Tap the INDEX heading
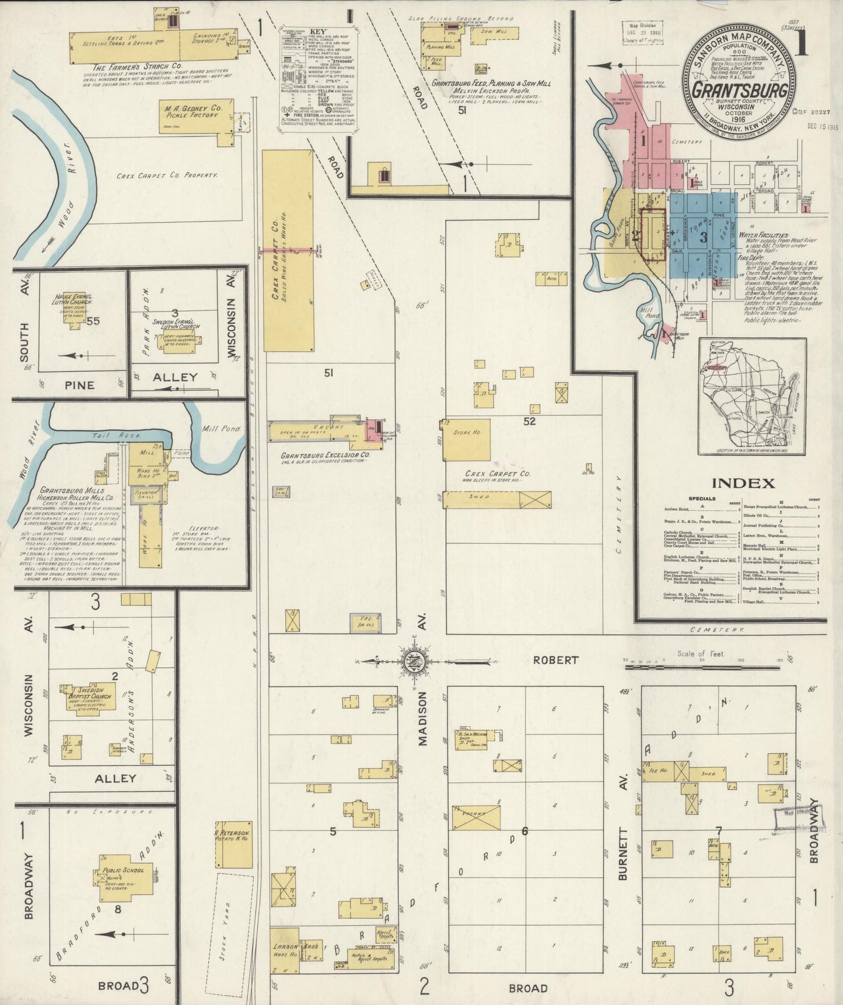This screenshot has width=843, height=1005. [743, 483]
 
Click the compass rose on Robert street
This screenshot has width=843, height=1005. [415, 661]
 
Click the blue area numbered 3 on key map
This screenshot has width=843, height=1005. [703, 236]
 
